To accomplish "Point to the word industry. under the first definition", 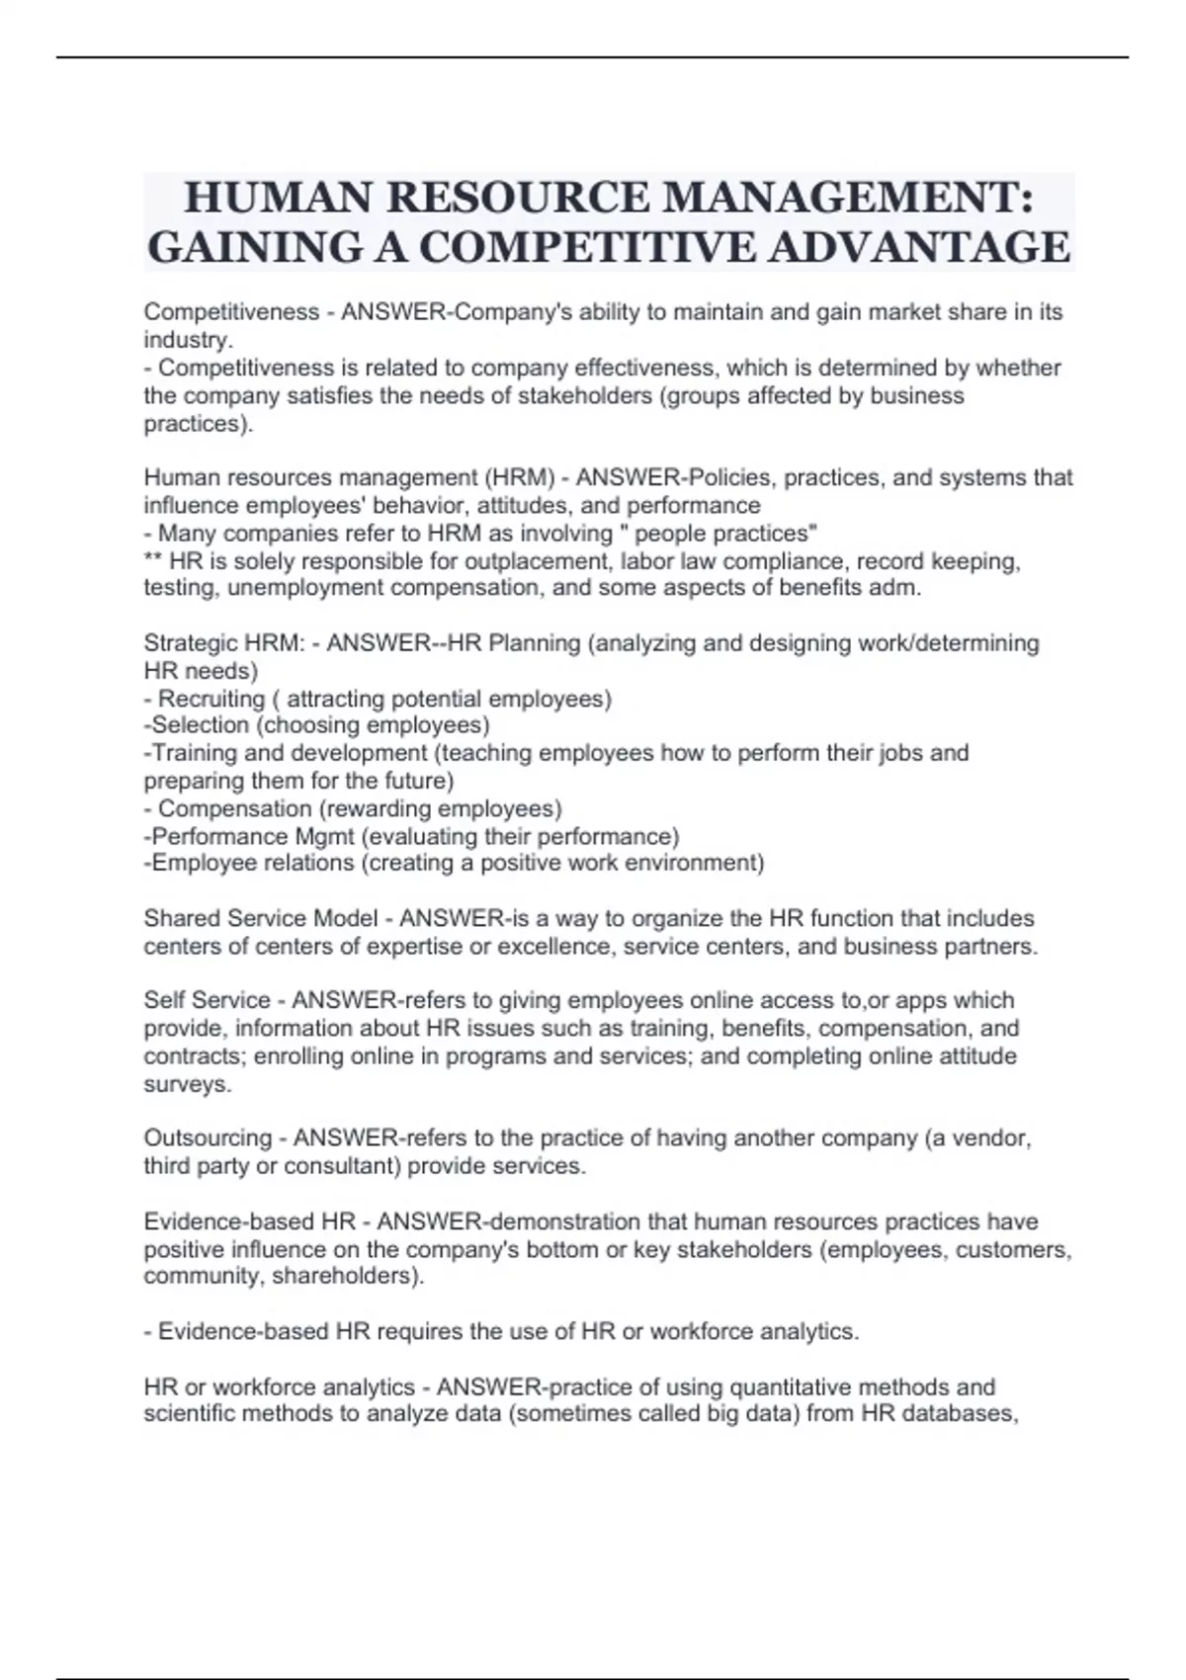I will click(x=189, y=340).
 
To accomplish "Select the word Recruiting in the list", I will click(x=212, y=699).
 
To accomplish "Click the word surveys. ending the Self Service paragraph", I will click(x=188, y=1084).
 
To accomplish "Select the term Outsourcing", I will click(x=208, y=1138).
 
